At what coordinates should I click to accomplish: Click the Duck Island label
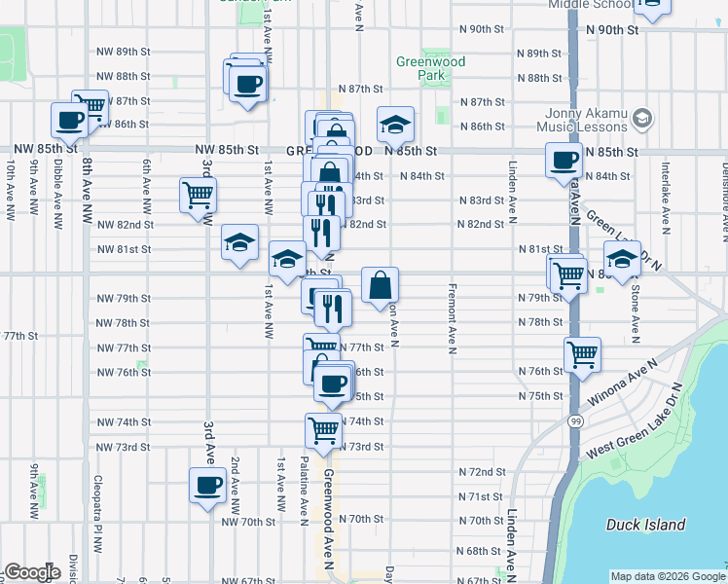pyautogui.click(x=645, y=525)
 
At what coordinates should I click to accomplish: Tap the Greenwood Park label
pyautogui.click(x=430, y=68)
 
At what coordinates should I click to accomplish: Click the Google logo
pyautogui.click(x=32, y=572)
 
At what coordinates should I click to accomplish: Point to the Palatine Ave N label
pyautogui.click(x=305, y=488)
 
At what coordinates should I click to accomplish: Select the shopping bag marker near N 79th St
pyautogui.click(x=381, y=285)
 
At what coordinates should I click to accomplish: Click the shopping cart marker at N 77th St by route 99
pyautogui.click(x=582, y=354)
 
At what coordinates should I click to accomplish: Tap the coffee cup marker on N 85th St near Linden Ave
pyautogui.click(x=564, y=160)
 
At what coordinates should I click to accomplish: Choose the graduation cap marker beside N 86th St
pyautogui.click(x=395, y=124)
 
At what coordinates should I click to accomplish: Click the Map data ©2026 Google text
pyautogui.click(x=667, y=575)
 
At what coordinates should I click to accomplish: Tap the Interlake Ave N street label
pyautogui.click(x=666, y=200)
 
